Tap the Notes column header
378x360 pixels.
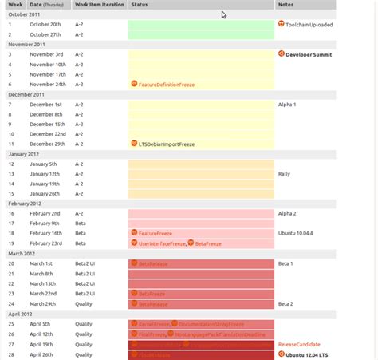click(285, 5)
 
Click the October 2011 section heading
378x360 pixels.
click(23, 14)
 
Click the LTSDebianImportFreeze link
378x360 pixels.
click(167, 144)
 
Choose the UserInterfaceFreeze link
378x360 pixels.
click(162, 243)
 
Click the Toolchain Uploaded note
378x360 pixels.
click(309, 25)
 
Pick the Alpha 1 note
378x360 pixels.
click(287, 104)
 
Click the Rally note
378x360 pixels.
click(284, 173)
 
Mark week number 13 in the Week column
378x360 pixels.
click(11, 173)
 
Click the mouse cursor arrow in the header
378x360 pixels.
click(225, 15)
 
